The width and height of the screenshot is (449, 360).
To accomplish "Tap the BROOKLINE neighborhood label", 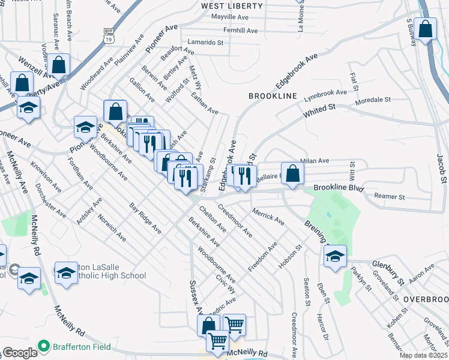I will [x=273, y=96].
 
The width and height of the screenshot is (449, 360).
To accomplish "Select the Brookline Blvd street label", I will [x=339, y=188].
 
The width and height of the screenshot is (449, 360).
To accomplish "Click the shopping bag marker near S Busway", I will [x=425, y=30].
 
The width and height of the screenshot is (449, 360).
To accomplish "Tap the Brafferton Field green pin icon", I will [x=43, y=346].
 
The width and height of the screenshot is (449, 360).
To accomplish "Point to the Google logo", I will [x=19, y=353].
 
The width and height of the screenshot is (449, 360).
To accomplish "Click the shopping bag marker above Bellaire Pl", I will [x=292, y=174].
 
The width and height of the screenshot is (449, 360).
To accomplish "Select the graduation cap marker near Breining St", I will [x=335, y=256].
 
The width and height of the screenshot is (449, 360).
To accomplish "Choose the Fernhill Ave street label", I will [x=240, y=30].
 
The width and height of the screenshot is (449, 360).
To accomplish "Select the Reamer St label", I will [x=390, y=197].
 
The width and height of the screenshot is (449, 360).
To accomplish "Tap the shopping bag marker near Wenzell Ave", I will [x=59, y=65].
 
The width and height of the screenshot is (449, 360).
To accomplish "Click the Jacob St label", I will [x=443, y=168].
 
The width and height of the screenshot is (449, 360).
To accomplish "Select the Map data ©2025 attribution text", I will [x=423, y=356].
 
